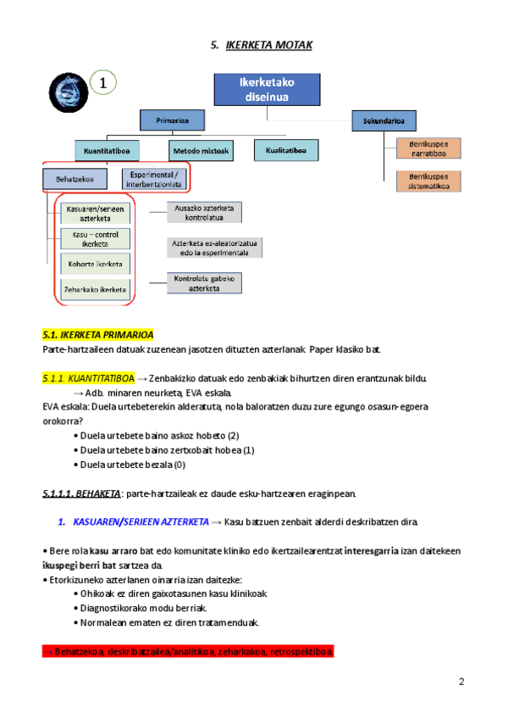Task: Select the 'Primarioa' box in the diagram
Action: pos(166,121)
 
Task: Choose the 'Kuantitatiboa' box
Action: pos(106,151)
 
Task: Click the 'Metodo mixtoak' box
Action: pos(200,151)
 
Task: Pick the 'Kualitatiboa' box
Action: pos(287,151)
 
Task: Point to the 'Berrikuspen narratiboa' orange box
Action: pos(428,150)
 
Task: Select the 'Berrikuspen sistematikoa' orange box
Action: pos(428,181)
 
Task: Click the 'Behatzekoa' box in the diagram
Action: pos(75,179)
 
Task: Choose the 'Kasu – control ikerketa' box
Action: pos(95,239)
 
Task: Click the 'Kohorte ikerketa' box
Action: pos(95,265)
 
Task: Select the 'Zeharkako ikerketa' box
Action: pos(95,290)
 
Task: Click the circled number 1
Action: pos(102,83)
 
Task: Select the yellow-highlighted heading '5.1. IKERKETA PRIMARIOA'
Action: pos(97,335)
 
